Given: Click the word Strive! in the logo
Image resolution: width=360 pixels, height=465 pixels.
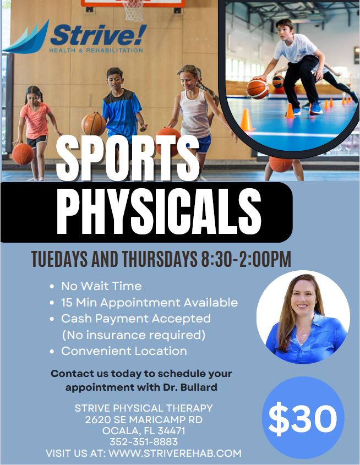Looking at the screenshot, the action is (99, 35).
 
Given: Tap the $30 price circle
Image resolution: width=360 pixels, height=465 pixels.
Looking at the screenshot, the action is (303, 417).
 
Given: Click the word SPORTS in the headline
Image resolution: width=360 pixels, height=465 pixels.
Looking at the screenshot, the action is (128, 158).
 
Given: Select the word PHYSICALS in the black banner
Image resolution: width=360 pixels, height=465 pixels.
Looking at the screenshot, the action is (159, 211).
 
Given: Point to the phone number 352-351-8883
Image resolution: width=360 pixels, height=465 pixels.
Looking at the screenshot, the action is (144, 441).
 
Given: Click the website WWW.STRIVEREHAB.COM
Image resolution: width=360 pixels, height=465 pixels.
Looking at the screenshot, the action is (175, 453).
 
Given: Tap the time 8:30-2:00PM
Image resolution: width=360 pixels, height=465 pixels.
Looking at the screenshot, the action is (246, 259).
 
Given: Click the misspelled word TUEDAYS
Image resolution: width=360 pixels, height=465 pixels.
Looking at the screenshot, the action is (59, 259).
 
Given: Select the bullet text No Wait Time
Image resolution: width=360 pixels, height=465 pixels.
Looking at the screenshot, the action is (101, 286).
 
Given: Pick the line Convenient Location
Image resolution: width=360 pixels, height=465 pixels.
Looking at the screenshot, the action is (124, 351).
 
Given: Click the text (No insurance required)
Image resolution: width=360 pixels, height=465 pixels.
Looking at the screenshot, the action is (133, 335).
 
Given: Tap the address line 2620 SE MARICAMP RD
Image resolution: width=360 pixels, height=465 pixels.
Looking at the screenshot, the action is (144, 420).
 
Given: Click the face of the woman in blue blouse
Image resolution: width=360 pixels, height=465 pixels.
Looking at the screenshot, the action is (303, 298).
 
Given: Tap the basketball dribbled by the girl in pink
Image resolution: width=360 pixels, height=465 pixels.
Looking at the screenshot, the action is (23, 154).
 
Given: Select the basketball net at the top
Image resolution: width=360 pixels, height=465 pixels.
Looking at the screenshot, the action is (133, 10).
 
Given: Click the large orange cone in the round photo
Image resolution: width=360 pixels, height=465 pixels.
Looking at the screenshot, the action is (247, 120).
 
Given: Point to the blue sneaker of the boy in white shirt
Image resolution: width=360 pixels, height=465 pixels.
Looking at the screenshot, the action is (316, 108).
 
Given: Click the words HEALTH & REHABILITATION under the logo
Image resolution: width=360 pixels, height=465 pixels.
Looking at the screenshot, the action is (96, 51).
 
